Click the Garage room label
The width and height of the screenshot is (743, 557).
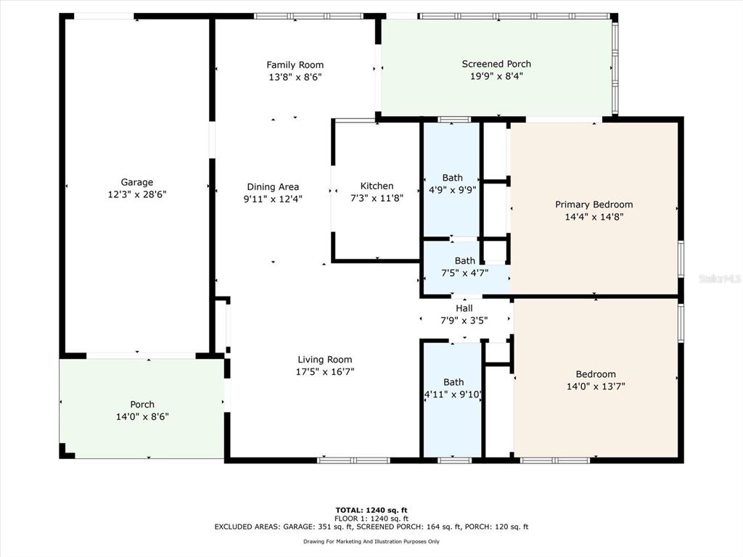click(137, 182)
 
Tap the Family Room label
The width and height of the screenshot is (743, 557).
click(295, 65)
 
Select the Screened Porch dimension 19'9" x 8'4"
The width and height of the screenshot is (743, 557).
click(496, 76)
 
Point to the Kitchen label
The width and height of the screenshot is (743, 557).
click(377, 186)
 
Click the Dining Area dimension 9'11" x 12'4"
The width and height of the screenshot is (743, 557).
click(273, 199)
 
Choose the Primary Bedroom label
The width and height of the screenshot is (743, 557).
click(594, 205)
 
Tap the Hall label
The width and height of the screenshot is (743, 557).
click(464, 308)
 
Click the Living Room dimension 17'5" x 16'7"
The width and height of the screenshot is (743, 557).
click(325, 372)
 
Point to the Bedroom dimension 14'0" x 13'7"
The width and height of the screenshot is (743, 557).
click(596, 387)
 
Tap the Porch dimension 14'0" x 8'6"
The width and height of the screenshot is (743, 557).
click(142, 417)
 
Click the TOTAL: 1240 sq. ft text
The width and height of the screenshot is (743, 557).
click(371, 510)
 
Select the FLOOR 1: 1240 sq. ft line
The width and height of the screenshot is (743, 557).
click(371, 519)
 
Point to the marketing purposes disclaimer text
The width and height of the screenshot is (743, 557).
click(371, 541)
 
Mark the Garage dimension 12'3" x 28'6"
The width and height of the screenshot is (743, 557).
click(137, 194)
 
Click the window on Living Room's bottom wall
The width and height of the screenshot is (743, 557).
click(353, 460)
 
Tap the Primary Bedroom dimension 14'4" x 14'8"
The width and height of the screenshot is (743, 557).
click(594, 217)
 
